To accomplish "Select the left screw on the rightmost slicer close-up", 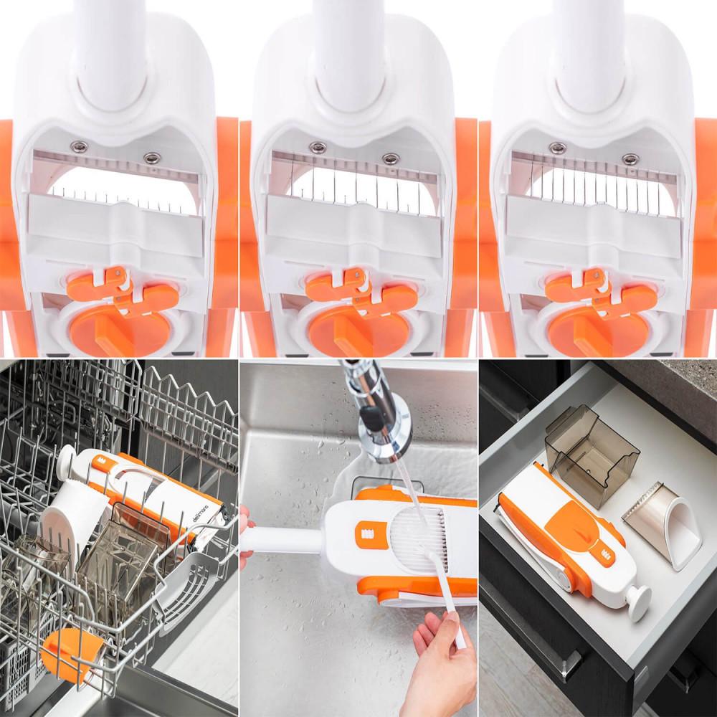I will [554, 148].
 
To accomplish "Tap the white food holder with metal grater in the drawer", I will [663, 531].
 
